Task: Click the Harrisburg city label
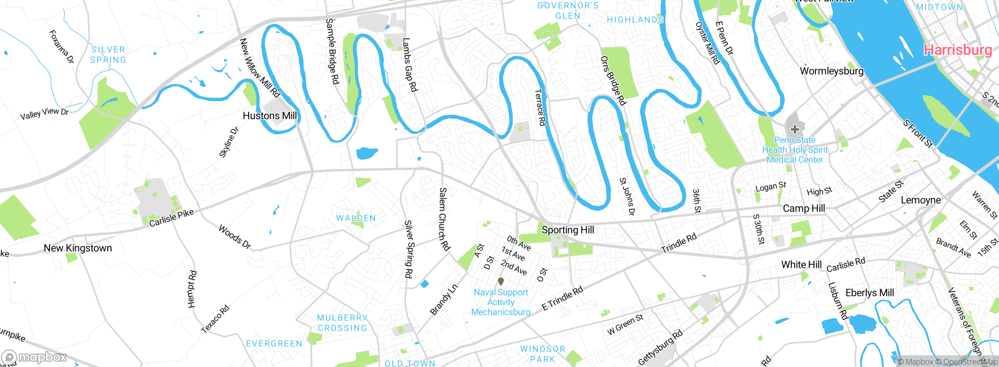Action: pos(957,50)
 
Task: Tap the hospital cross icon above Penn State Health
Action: pos(795,129)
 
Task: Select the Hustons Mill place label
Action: pos(270,116)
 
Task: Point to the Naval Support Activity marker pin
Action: pos(501,281)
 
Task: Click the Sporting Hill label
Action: pos(568,230)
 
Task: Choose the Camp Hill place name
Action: pos(804,208)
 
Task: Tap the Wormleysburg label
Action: pos(832,71)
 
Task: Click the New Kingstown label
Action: pos(78,248)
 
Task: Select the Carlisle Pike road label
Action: pos(171,218)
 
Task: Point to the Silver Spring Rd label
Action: pos(408,249)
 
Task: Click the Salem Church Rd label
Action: pos(444,219)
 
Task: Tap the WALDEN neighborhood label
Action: pos(356,218)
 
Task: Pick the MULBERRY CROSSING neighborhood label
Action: pos(342,323)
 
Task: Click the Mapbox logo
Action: pos(34,357)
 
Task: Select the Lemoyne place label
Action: pos(921,200)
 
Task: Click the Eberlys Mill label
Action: pos(869,293)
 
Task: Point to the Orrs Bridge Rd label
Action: pos(613,81)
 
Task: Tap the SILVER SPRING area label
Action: pos(108,55)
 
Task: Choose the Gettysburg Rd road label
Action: pos(660,347)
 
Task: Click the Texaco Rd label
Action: pos(215,319)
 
